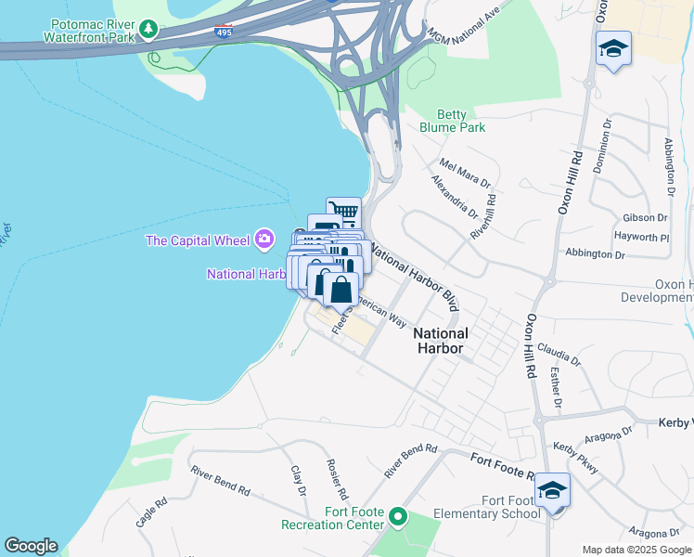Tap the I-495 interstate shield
222,32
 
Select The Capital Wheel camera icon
264,240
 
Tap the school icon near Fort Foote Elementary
552,490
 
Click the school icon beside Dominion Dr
613,48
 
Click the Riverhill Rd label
483,217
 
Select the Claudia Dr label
558,356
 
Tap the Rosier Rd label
336,477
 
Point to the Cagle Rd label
151,513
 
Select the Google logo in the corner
31,546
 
